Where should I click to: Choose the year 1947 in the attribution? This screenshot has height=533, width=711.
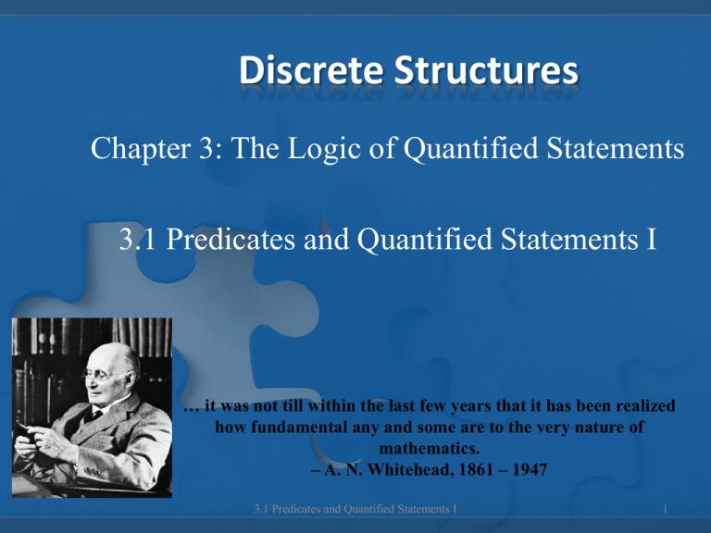pos(530,469)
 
